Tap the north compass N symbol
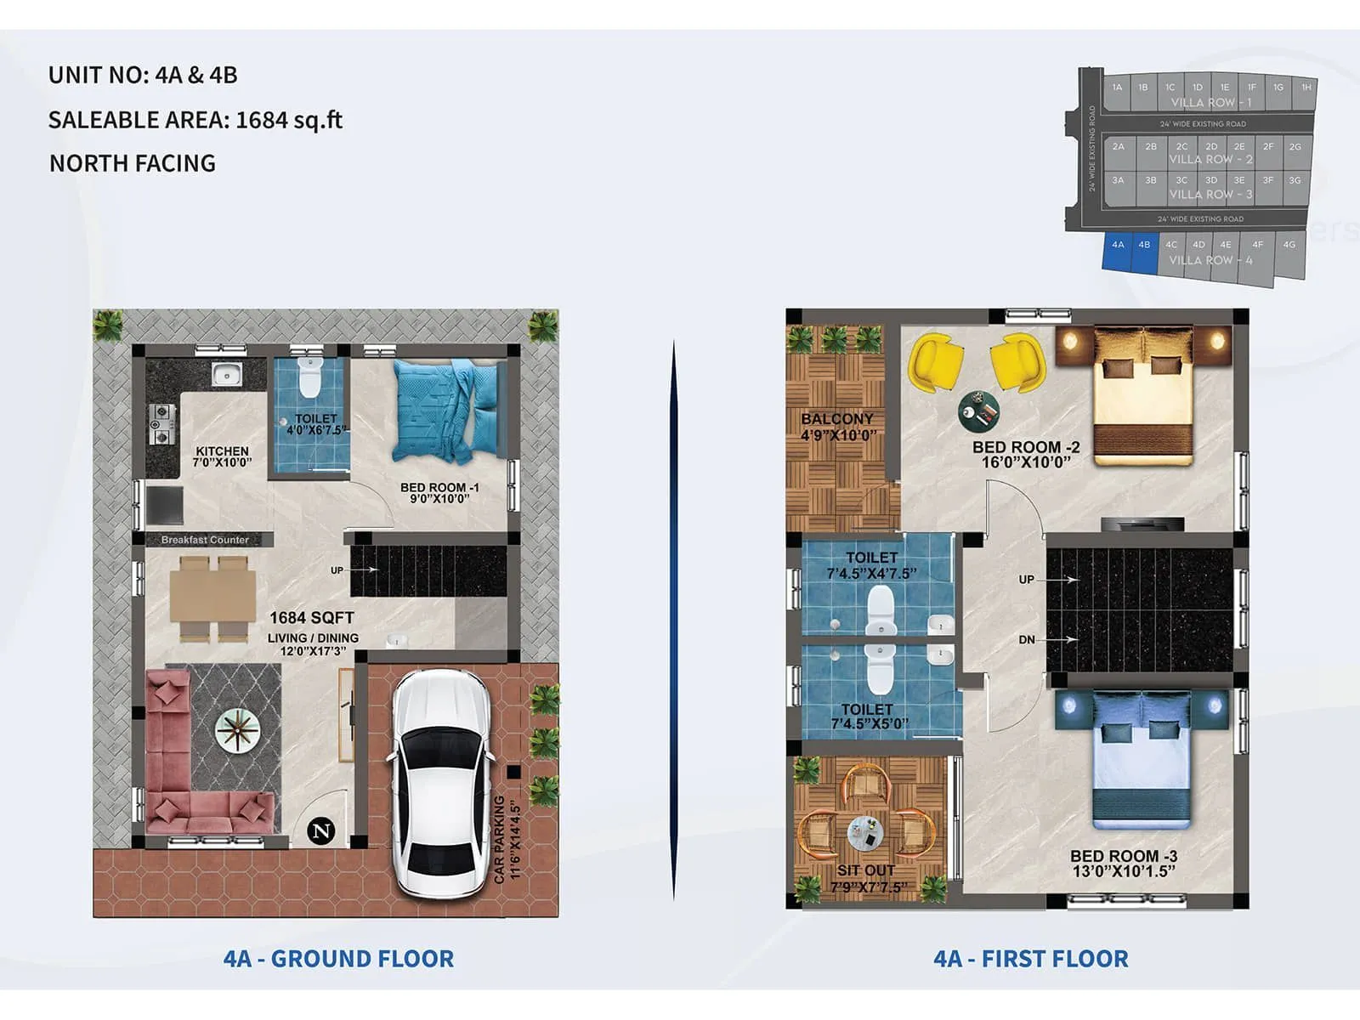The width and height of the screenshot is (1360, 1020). click(x=322, y=830)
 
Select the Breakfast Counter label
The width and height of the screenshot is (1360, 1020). click(x=205, y=540)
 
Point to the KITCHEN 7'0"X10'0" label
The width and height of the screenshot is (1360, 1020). click(x=222, y=456)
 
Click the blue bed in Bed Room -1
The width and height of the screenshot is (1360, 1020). click(x=449, y=410)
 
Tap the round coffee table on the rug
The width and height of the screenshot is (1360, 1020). click(x=237, y=730)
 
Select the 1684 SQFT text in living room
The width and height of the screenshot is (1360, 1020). click(x=311, y=618)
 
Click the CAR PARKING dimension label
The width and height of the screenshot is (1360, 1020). click(x=507, y=838)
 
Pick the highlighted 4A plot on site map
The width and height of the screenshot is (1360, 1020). click(x=1118, y=252)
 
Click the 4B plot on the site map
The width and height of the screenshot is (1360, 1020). click(x=1145, y=252)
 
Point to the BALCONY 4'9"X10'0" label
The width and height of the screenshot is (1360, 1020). click(x=837, y=427)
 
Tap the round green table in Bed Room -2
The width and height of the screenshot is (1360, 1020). click(x=978, y=411)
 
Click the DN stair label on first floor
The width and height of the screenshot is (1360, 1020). click(x=1027, y=639)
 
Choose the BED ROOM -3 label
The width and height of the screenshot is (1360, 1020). click(x=1123, y=863)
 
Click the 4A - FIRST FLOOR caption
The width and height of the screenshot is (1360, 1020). click(x=1030, y=959)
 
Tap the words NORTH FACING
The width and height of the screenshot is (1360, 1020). click(x=133, y=163)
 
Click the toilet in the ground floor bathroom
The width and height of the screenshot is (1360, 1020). click(x=310, y=381)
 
